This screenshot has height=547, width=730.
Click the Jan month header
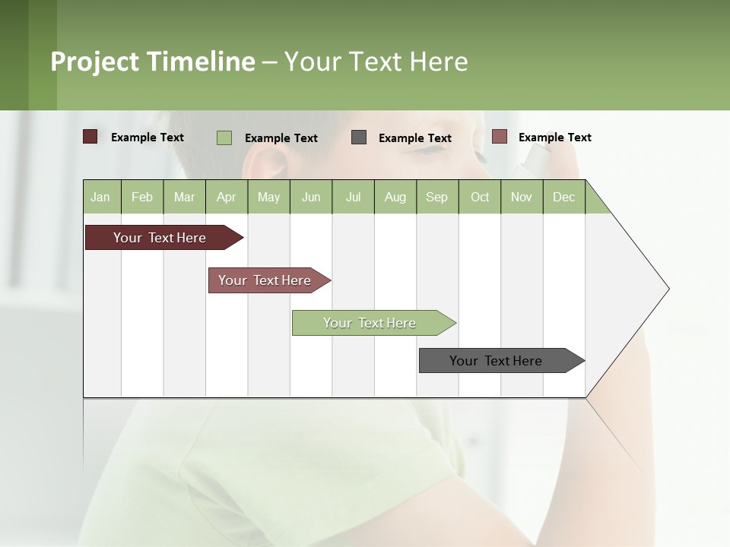tap(101, 197)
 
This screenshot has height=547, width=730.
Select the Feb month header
tap(142, 197)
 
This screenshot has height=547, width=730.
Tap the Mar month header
tap(184, 197)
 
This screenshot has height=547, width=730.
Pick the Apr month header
tap(227, 197)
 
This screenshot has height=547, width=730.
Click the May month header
tap(268, 197)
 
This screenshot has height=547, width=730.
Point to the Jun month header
tap(311, 197)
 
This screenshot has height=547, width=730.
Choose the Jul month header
tap(353, 197)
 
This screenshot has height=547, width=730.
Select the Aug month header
tap(395, 197)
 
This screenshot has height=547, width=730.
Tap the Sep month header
tap(437, 197)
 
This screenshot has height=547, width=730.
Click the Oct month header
tap(480, 197)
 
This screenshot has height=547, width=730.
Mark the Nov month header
tap(522, 197)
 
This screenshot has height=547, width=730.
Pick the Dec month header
tap(563, 197)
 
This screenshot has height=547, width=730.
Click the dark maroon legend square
tap(90, 137)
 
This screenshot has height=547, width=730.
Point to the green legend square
tap(224, 138)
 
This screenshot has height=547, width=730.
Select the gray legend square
tap(359, 138)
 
